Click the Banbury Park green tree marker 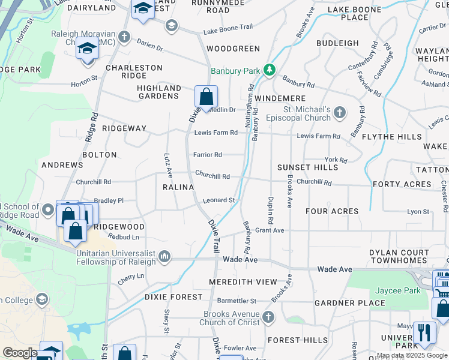point(270,71)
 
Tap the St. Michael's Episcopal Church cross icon point(340,112)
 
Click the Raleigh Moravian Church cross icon point(124,37)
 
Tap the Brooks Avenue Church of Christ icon point(268,316)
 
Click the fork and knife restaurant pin point(424,333)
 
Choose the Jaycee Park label point(397,291)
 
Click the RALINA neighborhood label point(178,187)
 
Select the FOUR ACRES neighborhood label point(332,211)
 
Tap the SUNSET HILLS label point(308,167)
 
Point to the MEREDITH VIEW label point(243,282)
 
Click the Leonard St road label point(217,200)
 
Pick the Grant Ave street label point(270,230)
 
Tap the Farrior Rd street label point(207,155)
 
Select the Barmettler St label point(237,301)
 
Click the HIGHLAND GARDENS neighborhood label point(159,92)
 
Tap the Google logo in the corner point(20,353)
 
